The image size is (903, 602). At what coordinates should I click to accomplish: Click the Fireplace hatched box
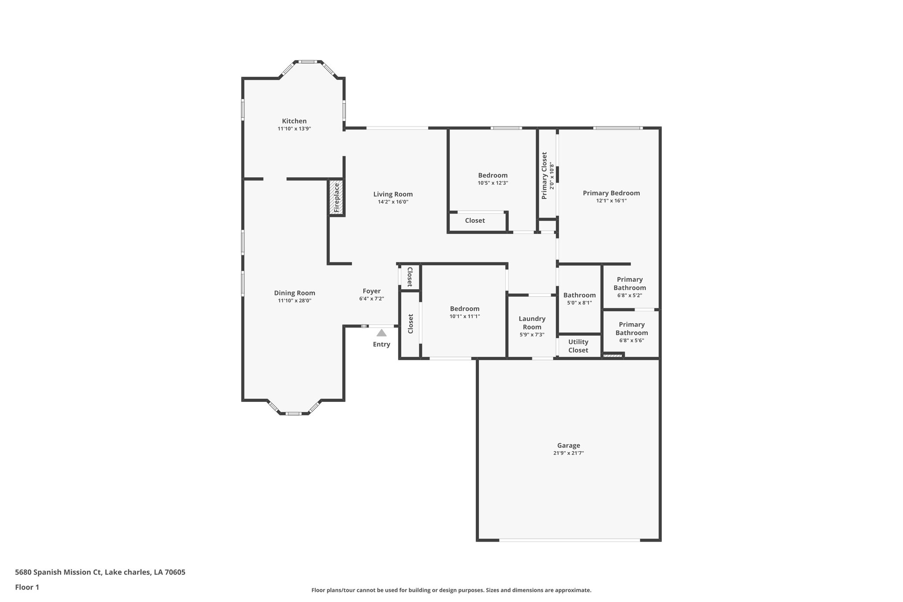tap(336, 198)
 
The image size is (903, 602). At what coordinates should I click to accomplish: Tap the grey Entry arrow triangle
tap(381, 333)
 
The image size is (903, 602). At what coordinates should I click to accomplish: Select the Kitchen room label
tap(294, 121)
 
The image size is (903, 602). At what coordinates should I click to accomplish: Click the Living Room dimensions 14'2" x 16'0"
tap(393, 202)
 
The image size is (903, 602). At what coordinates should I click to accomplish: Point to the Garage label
tap(568, 445)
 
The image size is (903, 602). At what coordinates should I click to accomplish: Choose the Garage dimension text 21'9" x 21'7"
tap(568, 453)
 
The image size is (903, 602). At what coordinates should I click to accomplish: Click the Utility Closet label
tap(578, 346)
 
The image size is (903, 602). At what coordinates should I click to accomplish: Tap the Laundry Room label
tap(532, 323)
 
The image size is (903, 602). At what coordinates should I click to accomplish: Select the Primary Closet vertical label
tap(545, 176)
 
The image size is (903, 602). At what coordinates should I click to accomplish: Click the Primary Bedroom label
tap(611, 193)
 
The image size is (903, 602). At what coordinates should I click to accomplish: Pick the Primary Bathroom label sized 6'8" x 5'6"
tap(631, 329)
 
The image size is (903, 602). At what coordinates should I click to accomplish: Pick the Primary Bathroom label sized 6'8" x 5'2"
tap(630, 284)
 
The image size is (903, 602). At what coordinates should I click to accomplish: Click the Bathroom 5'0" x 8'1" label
tap(579, 295)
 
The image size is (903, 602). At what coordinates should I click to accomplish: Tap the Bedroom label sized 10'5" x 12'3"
tap(493, 175)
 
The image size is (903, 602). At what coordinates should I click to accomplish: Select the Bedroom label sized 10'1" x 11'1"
tap(464, 309)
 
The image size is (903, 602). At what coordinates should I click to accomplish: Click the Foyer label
tap(371, 291)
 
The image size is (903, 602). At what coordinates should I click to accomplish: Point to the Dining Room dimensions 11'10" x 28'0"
tap(295, 301)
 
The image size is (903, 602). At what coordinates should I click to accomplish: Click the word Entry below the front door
tap(381, 344)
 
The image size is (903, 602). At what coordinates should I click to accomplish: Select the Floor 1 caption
tap(27, 587)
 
